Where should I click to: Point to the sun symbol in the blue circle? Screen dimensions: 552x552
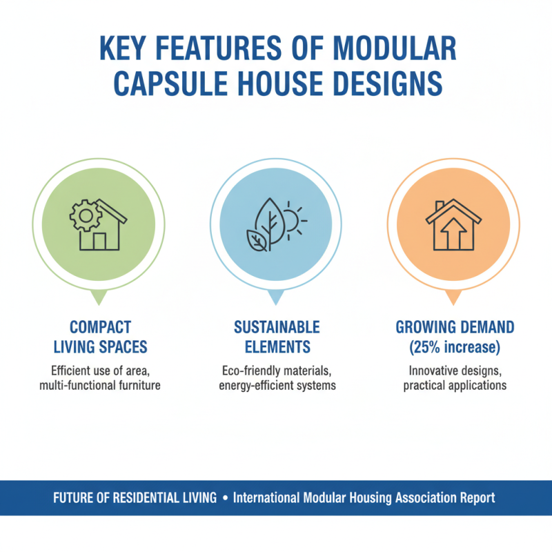[x=291, y=221]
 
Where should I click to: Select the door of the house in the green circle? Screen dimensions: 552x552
[x=99, y=241]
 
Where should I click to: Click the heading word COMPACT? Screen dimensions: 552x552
[x=100, y=326]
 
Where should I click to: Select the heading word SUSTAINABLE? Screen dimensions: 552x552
[x=277, y=326]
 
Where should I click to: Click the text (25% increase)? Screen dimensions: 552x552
[x=455, y=346]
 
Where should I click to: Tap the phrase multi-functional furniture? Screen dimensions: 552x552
[x=100, y=385]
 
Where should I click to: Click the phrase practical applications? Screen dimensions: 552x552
[x=455, y=385]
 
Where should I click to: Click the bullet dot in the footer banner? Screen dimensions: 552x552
[x=226, y=497]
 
